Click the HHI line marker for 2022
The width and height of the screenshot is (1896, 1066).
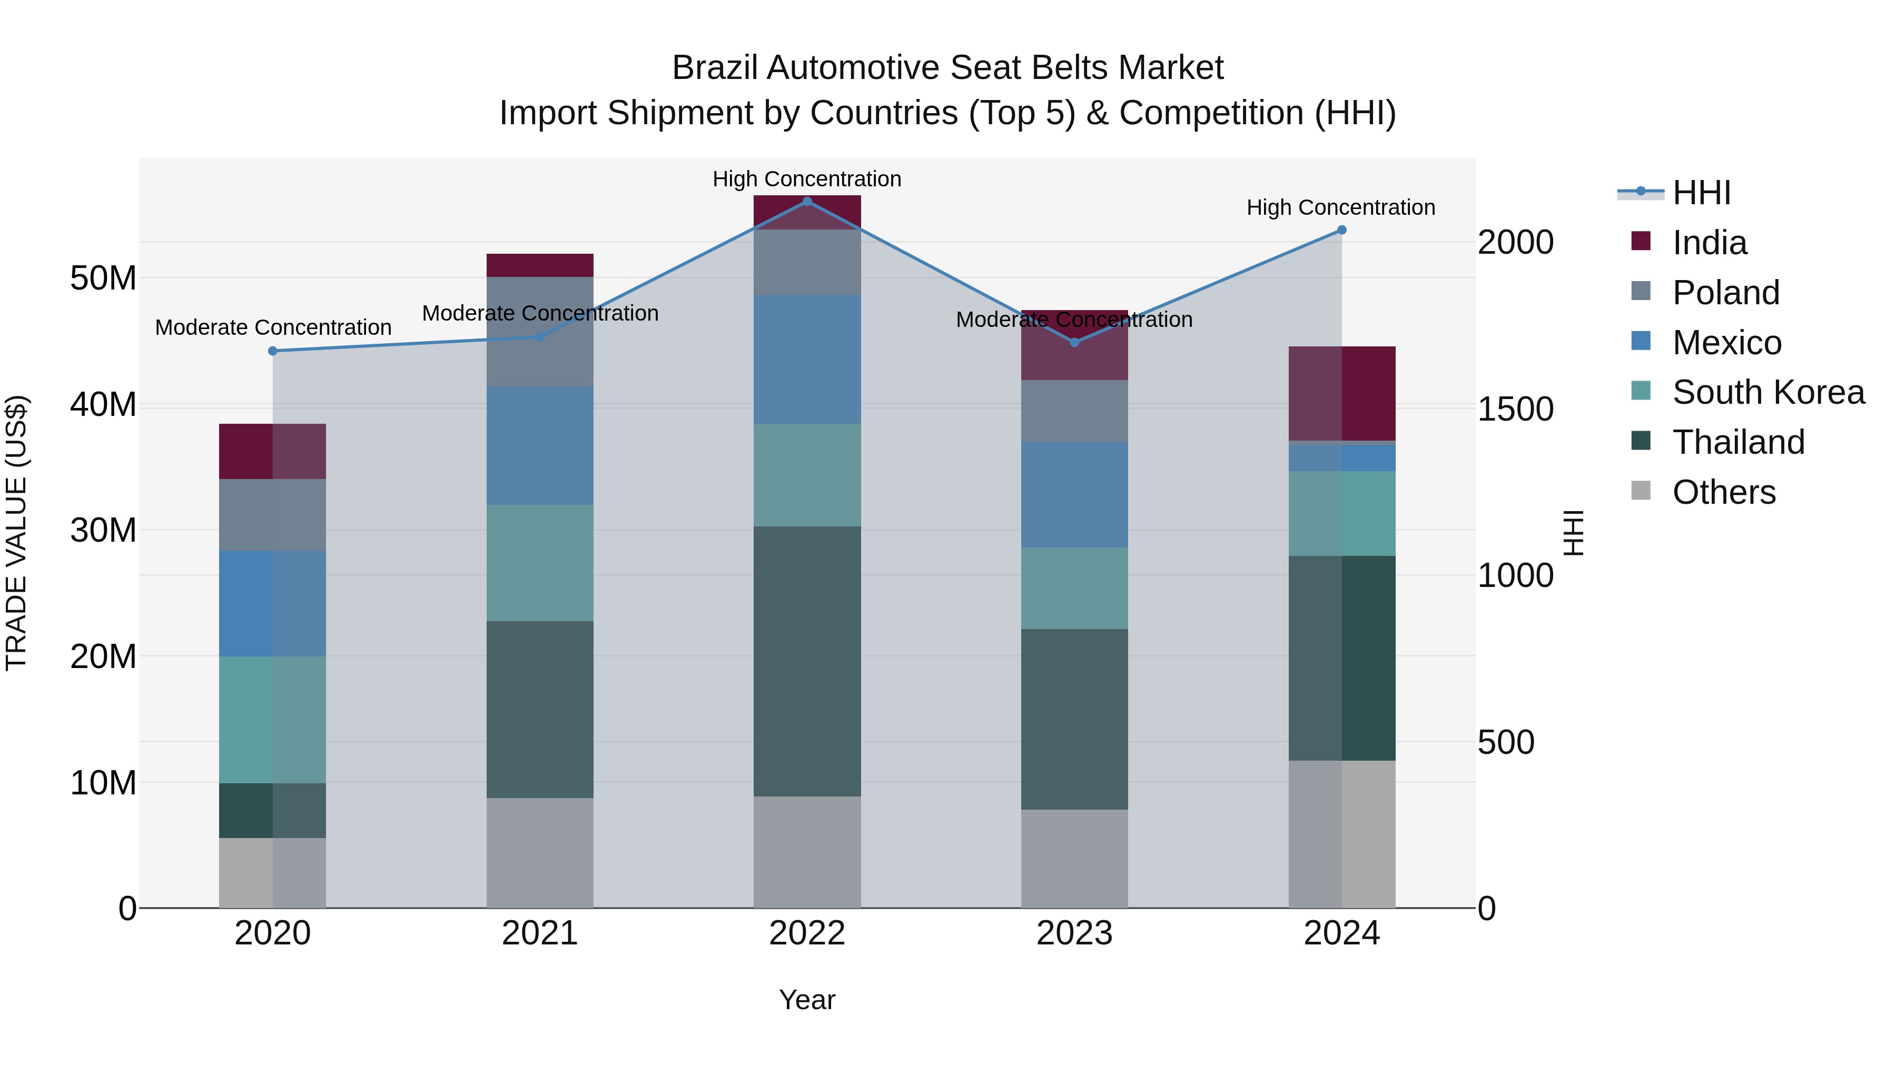pos(807,201)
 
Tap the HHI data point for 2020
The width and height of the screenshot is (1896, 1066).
pos(272,351)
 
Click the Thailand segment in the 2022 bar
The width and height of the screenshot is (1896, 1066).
pos(807,661)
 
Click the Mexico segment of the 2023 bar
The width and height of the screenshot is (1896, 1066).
pos(1074,494)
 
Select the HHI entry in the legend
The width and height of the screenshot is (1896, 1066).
pos(1700,193)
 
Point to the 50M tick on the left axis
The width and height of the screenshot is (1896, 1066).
pos(103,278)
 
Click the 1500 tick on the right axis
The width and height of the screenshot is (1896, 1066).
pos(1515,409)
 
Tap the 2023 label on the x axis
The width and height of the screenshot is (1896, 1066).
pos(1074,933)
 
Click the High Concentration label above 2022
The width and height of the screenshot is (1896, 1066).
pos(807,179)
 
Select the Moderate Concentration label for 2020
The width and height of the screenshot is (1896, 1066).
pos(273,327)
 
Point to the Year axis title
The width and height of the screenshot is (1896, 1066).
pos(807,1000)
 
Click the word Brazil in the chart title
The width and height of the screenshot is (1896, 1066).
pos(714,68)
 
